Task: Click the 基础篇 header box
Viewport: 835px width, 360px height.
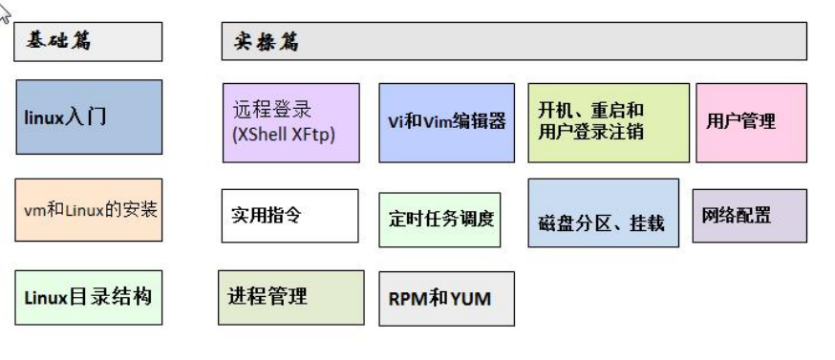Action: [88, 42]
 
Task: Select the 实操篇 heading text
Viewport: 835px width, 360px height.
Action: [267, 42]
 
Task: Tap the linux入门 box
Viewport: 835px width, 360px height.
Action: [89, 117]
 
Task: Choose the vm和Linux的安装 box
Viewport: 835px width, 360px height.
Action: [89, 210]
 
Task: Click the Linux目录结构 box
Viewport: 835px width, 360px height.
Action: [89, 297]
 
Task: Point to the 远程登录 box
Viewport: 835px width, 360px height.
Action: [291, 122]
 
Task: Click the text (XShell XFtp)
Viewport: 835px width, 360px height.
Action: [284, 135]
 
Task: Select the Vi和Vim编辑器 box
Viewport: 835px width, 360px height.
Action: [447, 122]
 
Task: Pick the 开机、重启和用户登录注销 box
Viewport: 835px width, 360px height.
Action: [609, 122]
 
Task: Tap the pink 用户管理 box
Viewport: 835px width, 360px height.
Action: [751, 122]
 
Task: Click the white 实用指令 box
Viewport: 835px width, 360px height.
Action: [290, 216]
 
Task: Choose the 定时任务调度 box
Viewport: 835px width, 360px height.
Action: [439, 220]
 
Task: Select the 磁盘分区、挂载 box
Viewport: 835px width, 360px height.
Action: [604, 213]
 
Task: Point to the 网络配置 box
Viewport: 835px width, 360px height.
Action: [750, 216]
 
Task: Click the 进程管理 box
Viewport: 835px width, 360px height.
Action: [291, 297]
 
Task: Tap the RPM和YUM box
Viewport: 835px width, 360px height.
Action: [447, 299]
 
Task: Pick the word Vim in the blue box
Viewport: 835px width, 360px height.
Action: [437, 122]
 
